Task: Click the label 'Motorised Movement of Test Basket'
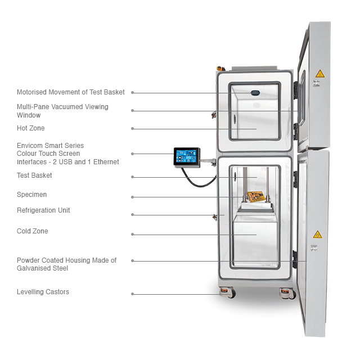pyautogui.click(x=70, y=92)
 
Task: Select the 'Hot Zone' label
pyautogui.click(x=30, y=128)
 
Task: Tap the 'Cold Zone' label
pyautogui.click(x=32, y=231)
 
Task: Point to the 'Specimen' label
pyautogui.click(x=31, y=195)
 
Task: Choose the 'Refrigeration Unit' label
pyautogui.click(x=43, y=210)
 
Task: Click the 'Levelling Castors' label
pyautogui.click(x=43, y=292)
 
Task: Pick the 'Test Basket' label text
pyautogui.click(x=34, y=175)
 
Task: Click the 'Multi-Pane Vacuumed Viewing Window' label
pyautogui.click(x=62, y=111)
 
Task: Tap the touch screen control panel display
pyautogui.click(x=187, y=156)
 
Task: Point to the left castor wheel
pyautogui.click(x=227, y=293)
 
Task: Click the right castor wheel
pyautogui.click(x=287, y=293)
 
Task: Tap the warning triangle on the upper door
pyautogui.click(x=320, y=74)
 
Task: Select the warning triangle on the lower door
pyautogui.click(x=317, y=234)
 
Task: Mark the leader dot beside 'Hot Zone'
pyautogui.click(x=132, y=128)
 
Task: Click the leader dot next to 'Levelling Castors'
pyautogui.click(x=132, y=294)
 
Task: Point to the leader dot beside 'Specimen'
pyautogui.click(x=132, y=197)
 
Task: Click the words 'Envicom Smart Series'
pyautogui.click(x=50, y=146)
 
